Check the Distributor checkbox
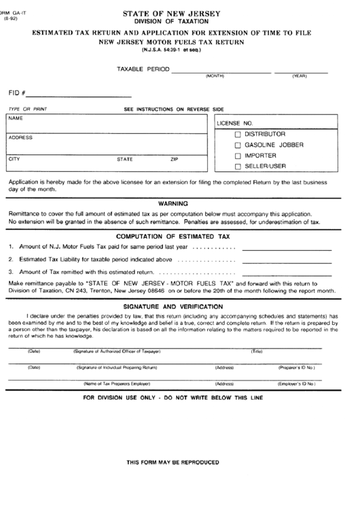(x=238, y=134)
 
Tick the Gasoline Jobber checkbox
(x=238, y=145)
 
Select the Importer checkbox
(x=238, y=156)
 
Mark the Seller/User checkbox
(x=238, y=166)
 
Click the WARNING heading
(x=174, y=203)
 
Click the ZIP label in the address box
(x=175, y=159)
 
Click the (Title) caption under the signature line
(x=257, y=351)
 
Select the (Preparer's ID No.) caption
(x=297, y=367)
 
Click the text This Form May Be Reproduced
(x=173, y=461)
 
